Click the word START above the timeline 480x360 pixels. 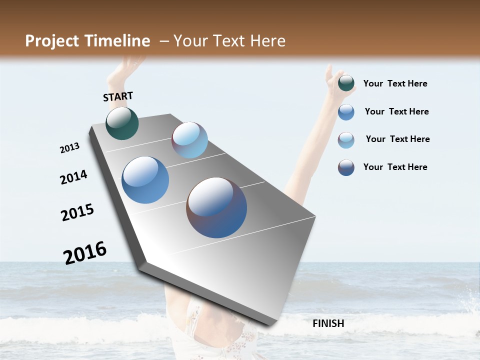(x=118, y=96)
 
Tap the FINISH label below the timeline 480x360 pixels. (x=328, y=323)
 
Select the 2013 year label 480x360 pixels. (x=70, y=148)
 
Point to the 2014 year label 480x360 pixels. (x=73, y=177)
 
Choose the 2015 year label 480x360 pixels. (x=77, y=212)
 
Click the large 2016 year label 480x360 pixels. (x=85, y=252)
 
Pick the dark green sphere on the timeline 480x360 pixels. (x=122, y=123)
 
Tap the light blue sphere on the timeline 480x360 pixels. (x=189, y=140)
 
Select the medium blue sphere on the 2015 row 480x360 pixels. (x=145, y=180)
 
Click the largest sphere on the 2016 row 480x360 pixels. (x=216, y=207)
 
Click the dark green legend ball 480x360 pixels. (x=346, y=83)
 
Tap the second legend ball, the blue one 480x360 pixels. (x=346, y=112)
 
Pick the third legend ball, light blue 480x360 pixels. (x=346, y=140)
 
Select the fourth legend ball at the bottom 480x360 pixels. (x=346, y=167)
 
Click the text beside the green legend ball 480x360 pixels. (x=395, y=83)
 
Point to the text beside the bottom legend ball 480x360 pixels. (x=395, y=167)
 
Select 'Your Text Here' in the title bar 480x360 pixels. (x=229, y=41)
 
